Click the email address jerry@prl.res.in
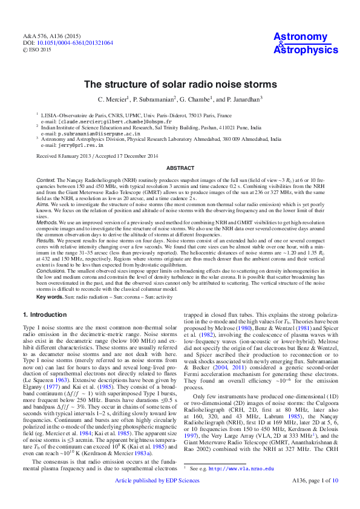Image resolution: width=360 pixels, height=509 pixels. click(x=77, y=145)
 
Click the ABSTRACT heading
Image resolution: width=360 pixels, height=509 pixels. click(x=180, y=167)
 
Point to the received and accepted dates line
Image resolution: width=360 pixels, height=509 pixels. click(x=97, y=156)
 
